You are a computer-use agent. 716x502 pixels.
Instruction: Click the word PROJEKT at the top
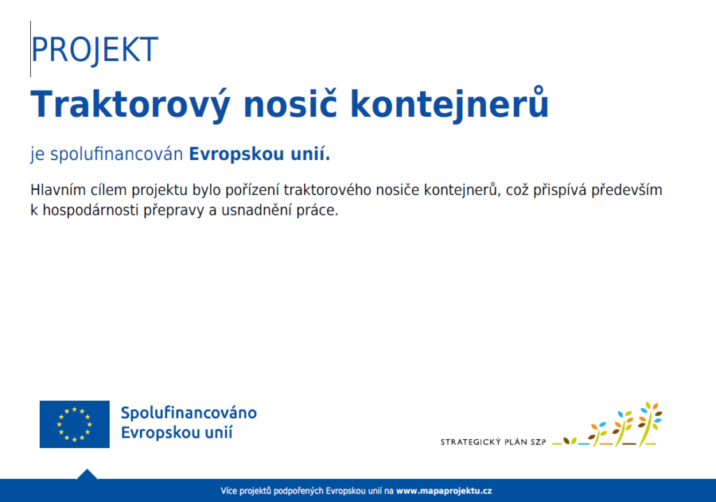(94, 50)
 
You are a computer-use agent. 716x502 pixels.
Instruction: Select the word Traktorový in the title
(130, 105)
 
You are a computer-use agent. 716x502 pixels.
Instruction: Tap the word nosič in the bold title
(290, 103)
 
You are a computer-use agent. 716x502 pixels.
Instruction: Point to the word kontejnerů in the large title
(450, 104)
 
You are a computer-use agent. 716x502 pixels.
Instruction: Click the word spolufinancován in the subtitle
(117, 155)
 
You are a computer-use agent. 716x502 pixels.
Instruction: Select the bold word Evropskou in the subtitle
(237, 155)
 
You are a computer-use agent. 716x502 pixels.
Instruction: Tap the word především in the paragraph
(626, 190)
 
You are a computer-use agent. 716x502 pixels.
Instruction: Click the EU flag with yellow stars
(74, 424)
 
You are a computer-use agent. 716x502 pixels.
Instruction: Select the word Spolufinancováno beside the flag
(189, 413)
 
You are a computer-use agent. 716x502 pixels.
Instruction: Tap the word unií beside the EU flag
(219, 432)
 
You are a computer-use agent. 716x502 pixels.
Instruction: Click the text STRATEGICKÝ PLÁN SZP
(493, 442)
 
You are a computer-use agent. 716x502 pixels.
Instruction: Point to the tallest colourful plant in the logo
(650, 424)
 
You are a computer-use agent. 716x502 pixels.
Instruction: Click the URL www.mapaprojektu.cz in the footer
(444, 491)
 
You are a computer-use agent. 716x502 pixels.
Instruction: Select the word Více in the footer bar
(229, 491)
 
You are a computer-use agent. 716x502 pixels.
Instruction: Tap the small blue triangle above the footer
(87, 474)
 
